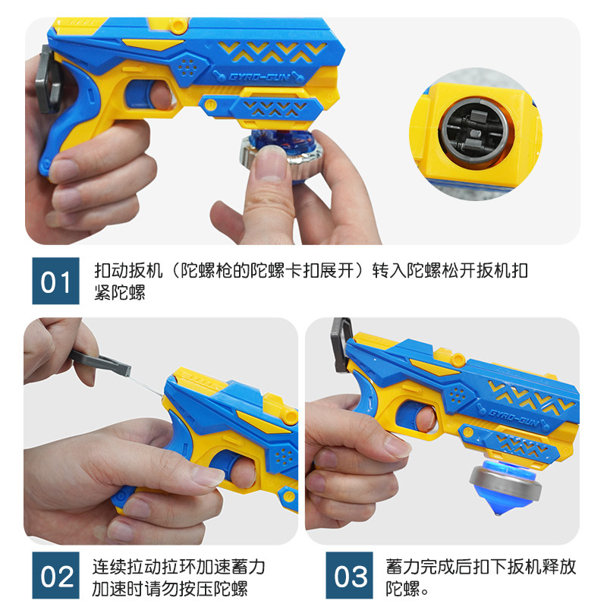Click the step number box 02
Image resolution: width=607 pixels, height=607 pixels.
click(x=55, y=577)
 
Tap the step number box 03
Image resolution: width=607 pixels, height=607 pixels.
click(x=351, y=577)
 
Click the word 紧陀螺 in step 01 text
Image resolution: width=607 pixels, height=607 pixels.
click(x=119, y=293)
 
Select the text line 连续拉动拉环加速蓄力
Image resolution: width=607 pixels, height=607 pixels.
click(x=178, y=566)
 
